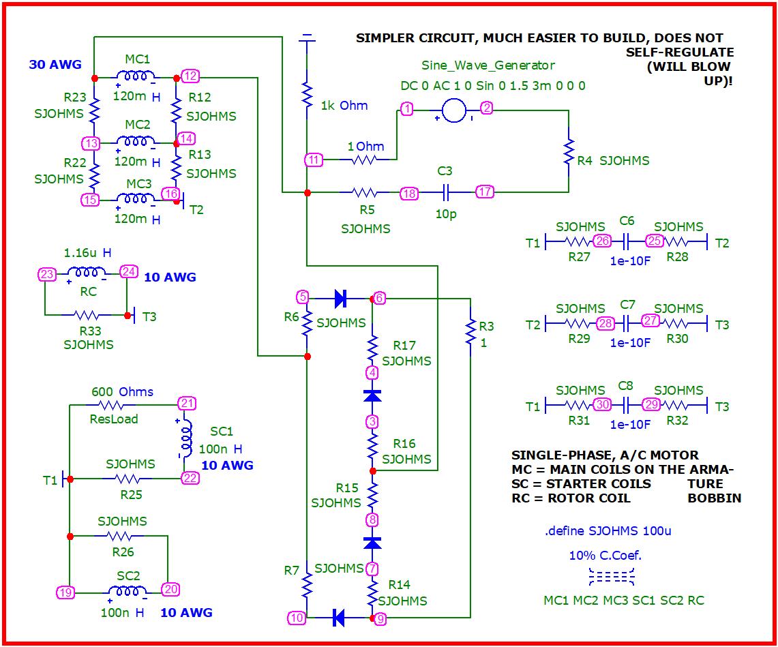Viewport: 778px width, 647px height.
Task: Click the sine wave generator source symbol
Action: coord(453,109)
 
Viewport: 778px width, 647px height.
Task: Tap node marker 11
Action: coord(313,160)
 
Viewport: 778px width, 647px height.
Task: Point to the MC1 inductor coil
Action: coord(134,76)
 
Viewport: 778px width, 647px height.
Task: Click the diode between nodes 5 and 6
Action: coord(340,298)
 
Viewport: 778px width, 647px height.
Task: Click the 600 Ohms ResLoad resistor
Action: coord(113,405)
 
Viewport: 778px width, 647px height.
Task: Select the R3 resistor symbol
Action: coord(470,333)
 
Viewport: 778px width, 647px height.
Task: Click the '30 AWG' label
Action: coord(55,65)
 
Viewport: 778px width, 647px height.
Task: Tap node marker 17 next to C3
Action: coord(484,192)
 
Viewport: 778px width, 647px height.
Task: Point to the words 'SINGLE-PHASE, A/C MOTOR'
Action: coord(605,455)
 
